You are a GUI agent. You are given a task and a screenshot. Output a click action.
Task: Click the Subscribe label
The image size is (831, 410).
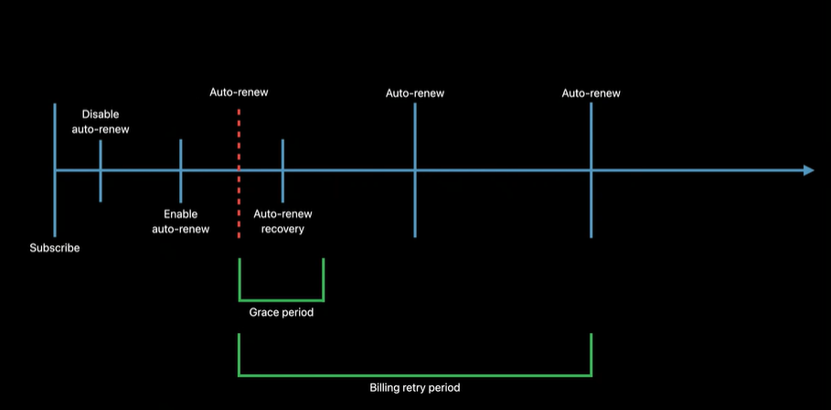(55, 248)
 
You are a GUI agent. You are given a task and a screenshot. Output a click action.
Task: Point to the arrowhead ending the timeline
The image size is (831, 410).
(808, 170)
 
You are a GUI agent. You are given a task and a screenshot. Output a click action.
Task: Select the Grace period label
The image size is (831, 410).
(281, 313)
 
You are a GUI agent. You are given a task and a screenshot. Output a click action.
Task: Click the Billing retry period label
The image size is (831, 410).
(414, 388)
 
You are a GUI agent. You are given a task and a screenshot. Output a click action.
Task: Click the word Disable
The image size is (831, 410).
(101, 114)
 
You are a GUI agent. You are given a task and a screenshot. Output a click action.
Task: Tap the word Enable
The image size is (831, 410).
(181, 214)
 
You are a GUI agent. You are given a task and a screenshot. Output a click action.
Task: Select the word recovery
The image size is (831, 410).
(282, 229)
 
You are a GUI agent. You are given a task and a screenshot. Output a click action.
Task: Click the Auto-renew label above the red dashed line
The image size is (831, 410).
(239, 92)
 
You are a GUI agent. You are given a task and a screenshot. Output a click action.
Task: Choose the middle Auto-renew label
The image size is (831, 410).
(415, 93)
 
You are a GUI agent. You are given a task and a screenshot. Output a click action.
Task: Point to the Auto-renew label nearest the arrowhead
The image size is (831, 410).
(591, 93)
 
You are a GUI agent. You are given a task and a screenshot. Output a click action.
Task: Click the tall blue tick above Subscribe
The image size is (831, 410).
(55, 137)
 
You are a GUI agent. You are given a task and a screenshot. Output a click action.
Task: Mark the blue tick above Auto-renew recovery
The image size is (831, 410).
(282, 156)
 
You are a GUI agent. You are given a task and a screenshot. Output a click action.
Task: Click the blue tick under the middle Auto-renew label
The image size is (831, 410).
(415, 137)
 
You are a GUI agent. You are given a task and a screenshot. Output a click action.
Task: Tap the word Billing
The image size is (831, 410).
(385, 388)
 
